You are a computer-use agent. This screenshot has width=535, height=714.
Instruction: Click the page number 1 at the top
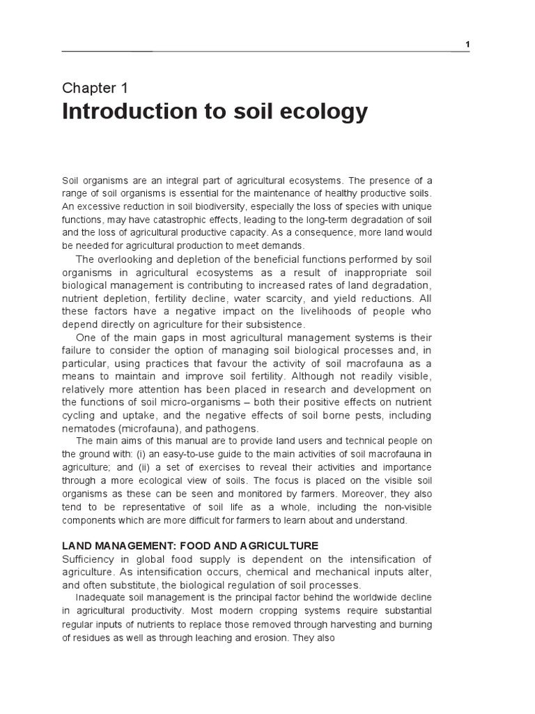(x=468, y=45)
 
